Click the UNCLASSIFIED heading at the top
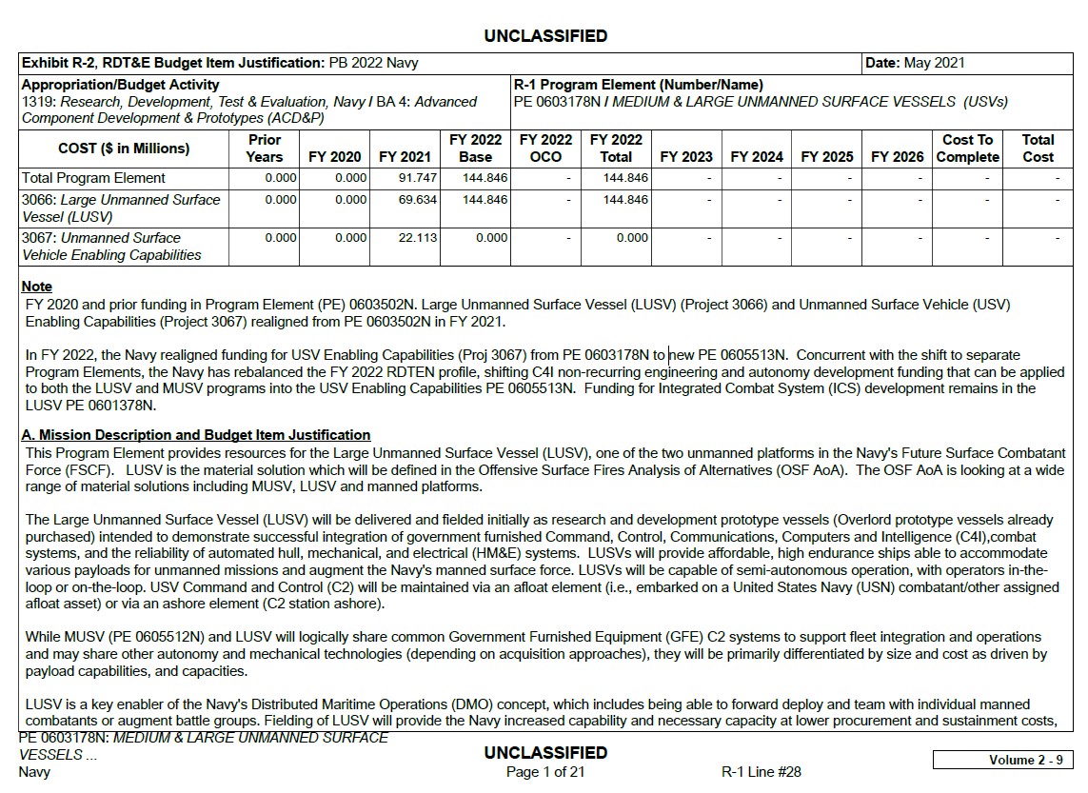click(x=545, y=36)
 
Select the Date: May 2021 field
click(x=914, y=64)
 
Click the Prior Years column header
click(x=264, y=149)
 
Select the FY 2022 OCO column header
click(x=545, y=149)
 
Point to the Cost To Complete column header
click(x=967, y=149)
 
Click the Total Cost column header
click(x=1038, y=149)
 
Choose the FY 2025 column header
click(x=826, y=157)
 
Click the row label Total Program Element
click(x=93, y=178)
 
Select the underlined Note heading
click(x=37, y=287)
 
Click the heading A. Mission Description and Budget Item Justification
click(x=196, y=435)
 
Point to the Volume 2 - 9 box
click(x=1003, y=760)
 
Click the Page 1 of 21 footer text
click(x=545, y=772)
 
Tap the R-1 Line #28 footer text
click(x=762, y=772)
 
